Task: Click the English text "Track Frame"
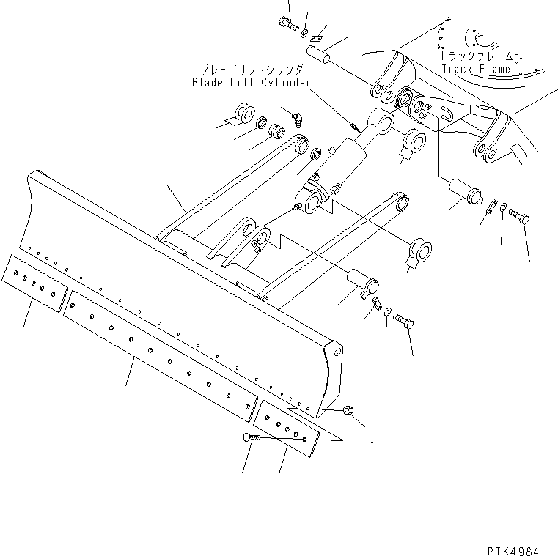(x=475, y=70)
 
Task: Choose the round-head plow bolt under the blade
(x=248, y=437)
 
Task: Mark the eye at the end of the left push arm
(x=301, y=144)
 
